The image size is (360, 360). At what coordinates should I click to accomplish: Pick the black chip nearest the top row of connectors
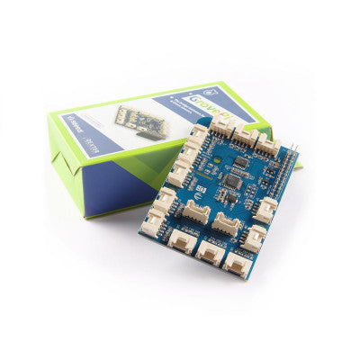pos(241,163)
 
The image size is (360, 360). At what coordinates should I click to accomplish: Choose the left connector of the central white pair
pos(196,214)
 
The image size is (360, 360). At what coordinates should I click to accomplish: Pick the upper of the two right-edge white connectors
pos(265,209)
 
